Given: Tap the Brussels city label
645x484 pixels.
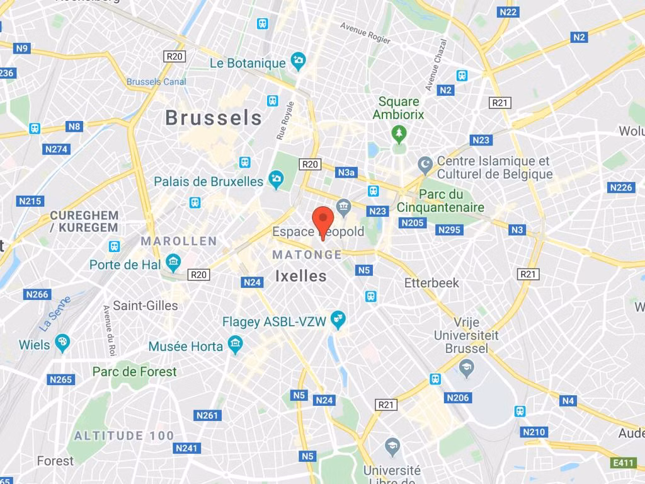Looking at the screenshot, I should point(214,117).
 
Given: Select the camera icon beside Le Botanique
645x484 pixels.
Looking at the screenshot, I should point(298,62).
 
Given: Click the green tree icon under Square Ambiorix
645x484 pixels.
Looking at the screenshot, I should point(398,132).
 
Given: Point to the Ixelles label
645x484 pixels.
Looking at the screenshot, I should point(301,276).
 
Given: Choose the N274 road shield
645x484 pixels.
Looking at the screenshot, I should point(57,149).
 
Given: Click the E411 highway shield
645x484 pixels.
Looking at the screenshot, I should point(624,463).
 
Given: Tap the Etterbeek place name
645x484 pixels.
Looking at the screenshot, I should point(431,282).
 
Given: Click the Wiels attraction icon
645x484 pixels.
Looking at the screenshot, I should point(62,343).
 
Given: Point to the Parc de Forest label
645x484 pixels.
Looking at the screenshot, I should point(134,372).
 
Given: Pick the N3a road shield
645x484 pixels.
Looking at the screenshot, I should point(346,172).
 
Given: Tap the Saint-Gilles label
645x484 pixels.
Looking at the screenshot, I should point(146,306).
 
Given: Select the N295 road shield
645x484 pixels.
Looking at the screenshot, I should point(449,230).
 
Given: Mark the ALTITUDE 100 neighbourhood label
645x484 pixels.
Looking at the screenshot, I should point(124,435).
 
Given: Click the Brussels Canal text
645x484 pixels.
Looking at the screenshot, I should point(156,82).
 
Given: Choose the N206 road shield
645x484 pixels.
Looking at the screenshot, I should point(458,398).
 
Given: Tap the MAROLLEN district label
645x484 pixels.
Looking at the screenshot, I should point(179,241).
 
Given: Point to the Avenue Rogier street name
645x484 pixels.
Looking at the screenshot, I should point(365,34).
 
